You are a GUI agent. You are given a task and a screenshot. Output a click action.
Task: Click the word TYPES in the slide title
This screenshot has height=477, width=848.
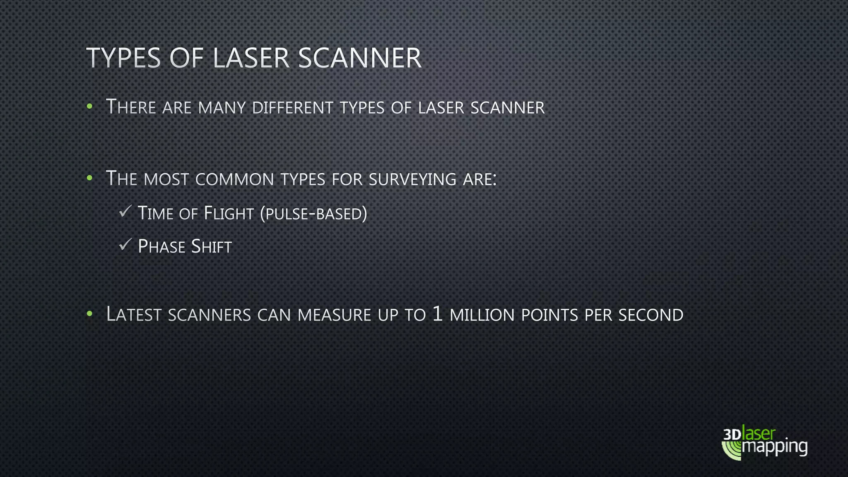[x=123, y=58]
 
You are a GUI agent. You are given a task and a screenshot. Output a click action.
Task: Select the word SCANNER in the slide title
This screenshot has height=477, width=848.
[x=359, y=58]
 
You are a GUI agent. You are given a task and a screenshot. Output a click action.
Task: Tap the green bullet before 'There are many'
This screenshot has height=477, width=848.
[x=89, y=107]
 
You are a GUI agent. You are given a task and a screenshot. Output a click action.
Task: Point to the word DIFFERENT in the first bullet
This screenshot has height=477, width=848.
[x=292, y=108]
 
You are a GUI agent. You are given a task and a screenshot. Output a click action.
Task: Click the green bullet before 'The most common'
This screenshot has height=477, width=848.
[x=89, y=178]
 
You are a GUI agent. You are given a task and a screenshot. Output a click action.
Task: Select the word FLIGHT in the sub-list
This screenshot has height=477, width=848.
[x=229, y=213]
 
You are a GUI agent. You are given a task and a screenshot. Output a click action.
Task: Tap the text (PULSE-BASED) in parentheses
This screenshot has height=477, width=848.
[x=314, y=214]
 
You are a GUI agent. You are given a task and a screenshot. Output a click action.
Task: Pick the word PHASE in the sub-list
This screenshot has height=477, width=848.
[x=161, y=246]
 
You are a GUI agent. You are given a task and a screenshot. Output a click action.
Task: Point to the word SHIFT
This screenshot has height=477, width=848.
[x=211, y=246]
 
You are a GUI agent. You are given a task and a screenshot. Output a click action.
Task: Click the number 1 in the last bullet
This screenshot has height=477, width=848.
[x=437, y=314]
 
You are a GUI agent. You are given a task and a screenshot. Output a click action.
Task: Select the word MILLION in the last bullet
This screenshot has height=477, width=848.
[x=482, y=315]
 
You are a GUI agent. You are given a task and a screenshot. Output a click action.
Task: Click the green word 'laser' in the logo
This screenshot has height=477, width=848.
[x=759, y=434]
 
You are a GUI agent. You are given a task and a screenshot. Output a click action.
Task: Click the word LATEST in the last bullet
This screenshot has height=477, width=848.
[x=134, y=314]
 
